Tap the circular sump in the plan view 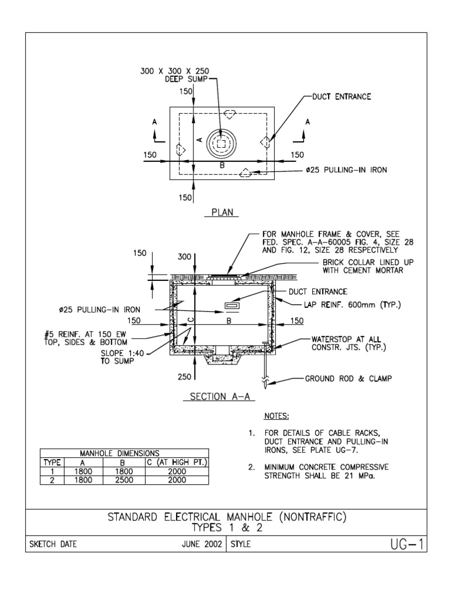click(x=220, y=144)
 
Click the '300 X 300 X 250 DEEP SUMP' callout click(x=174, y=75)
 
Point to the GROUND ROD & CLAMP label click(x=348, y=378)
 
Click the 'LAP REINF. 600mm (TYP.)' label click(x=349, y=304)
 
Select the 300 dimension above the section click(x=185, y=256)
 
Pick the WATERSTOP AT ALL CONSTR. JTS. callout click(x=346, y=343)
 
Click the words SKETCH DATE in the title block click(x=53, y=545)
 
